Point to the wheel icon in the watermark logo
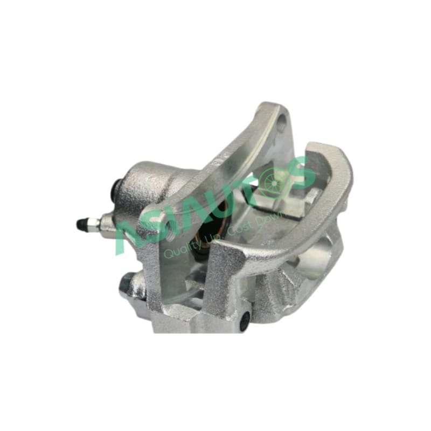point(274,182)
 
